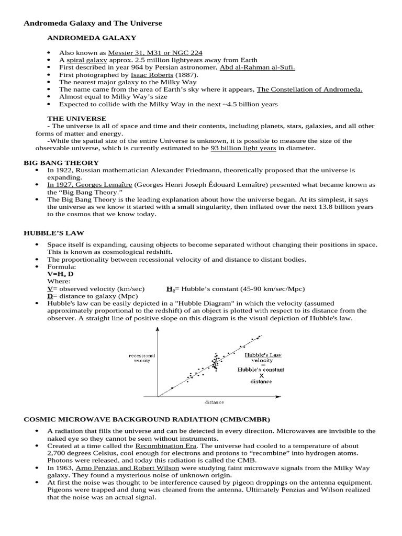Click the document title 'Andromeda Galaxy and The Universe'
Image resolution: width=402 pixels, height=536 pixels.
[x=93, y=24]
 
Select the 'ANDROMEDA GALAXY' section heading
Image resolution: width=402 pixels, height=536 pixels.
[x=92, y=38]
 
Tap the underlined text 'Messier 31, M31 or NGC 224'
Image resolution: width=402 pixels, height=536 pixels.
[x=155, y=53]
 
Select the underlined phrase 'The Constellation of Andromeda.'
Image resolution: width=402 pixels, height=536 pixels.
[x=309, y=90]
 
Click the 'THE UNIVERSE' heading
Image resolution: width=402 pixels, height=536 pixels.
[x=76, y=119]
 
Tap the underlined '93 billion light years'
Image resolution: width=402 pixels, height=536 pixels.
[x=243, y=148]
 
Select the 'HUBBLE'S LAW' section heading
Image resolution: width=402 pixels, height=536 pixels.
[x=54, y=232]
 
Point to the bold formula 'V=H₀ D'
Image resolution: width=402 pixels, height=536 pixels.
[x=60, y=274]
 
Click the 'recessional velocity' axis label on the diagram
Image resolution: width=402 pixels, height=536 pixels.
[x=142, y=358]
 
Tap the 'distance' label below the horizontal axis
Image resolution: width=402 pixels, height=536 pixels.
[x=214, y=402]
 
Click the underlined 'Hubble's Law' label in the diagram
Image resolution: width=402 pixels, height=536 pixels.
[x=263, y=354]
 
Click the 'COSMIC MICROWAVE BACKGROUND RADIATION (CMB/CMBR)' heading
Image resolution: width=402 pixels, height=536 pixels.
[x=147, y=420]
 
